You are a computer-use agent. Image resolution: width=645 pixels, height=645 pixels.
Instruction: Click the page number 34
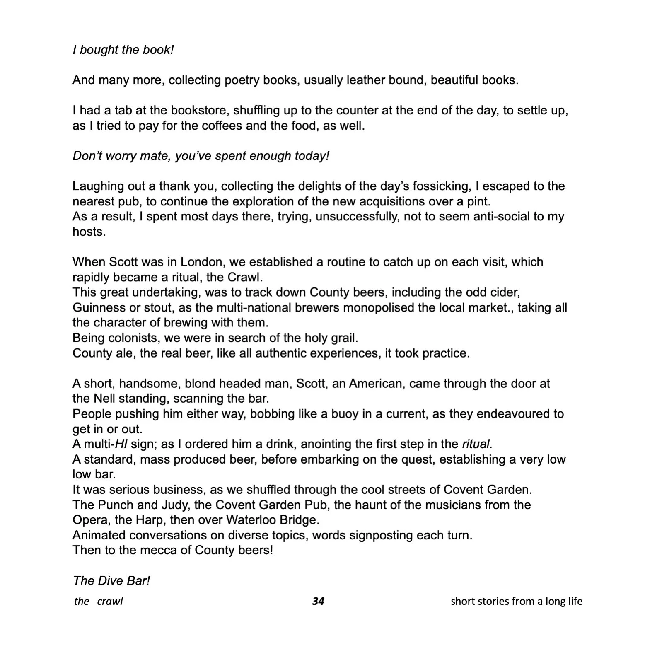[x=318, y=601]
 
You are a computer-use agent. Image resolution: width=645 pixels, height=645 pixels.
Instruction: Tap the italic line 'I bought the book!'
[x=123, y=50]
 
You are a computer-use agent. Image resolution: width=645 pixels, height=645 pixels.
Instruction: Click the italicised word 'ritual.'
[x=477, y=444]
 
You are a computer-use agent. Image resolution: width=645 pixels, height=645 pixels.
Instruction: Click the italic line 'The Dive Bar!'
[x=111, y=580]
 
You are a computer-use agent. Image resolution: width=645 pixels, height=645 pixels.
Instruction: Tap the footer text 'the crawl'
[x=99, y=601]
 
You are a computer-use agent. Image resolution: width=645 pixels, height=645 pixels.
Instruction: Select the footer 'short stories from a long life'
[x=516, y=601]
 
